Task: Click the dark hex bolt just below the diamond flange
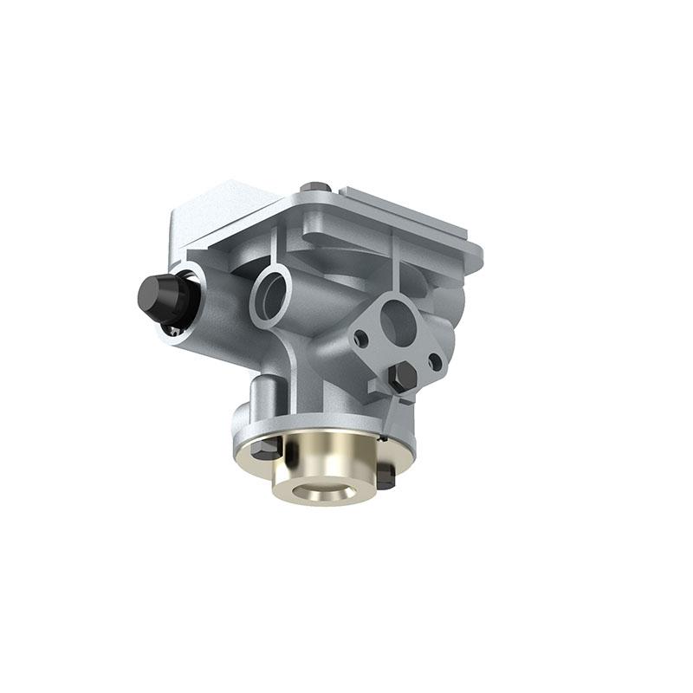tap(403, 375)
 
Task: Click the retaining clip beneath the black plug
tap(176, 328)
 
